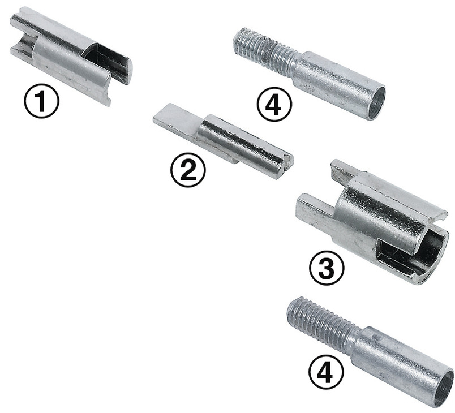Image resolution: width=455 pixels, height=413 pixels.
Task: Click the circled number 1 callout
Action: [x=41, y=101]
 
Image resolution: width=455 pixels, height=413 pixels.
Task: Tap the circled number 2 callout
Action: [x=188, y=170]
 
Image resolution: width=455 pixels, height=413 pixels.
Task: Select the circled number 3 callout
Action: [x=326, y=269]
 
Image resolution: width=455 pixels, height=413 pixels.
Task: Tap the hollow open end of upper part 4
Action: [x=376, y=103]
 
